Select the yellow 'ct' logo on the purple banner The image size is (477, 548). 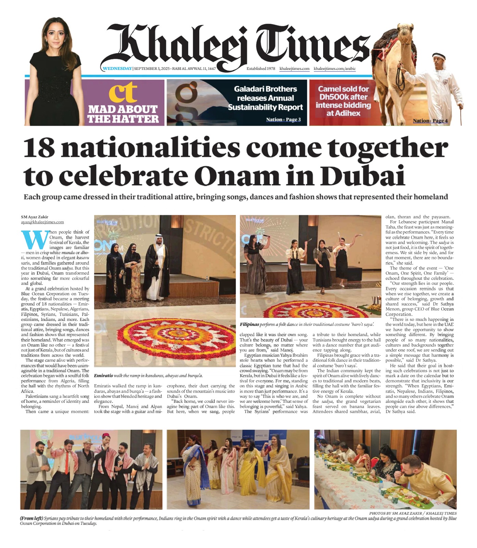[123, 92]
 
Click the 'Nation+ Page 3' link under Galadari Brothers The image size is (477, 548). [283, 120]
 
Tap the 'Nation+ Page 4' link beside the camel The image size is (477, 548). [430, 121]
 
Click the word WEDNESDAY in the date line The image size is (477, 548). [118, 68]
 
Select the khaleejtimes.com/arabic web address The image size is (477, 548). [334, 68]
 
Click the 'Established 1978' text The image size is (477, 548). [261, 68]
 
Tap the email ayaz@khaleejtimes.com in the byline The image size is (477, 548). [42, 222]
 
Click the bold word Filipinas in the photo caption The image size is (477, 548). [249, 324]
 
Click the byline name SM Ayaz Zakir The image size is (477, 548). [35, 217]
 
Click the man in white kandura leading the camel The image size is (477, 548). [440, 86]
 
